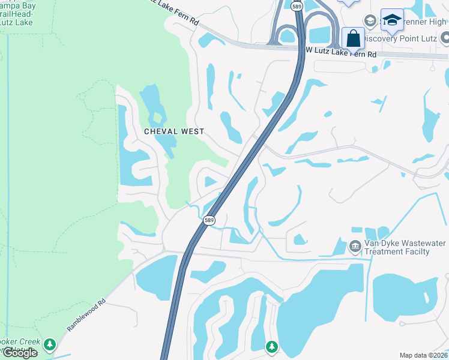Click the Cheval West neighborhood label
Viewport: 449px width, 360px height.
click(174, 131)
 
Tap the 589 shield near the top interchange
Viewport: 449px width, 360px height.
click(297, 5)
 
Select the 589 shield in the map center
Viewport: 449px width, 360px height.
click(209, 221)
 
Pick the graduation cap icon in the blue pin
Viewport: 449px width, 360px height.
click(392, 20)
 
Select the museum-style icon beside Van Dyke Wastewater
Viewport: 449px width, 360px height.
click(355, 246)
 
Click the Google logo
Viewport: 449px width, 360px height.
click(19, 353)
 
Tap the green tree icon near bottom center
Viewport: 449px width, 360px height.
click(272, 346)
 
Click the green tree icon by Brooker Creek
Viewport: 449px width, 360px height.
click(50, 344)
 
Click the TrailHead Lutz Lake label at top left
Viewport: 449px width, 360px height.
click(17, 13)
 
